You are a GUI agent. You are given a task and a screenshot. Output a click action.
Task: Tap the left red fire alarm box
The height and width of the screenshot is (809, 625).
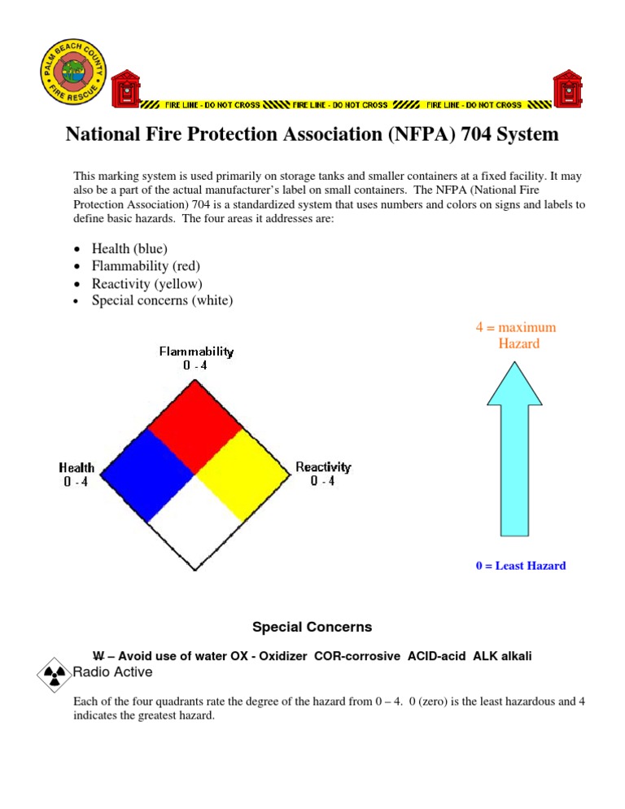125,89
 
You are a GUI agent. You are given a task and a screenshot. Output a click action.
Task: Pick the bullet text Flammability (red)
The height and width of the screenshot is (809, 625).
146,266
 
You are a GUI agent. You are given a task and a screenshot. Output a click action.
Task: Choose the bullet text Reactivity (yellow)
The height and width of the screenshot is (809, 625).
146,283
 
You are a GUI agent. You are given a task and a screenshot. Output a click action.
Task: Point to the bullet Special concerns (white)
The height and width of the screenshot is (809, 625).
162,300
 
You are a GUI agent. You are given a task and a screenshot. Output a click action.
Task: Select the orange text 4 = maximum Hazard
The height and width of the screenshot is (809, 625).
516,335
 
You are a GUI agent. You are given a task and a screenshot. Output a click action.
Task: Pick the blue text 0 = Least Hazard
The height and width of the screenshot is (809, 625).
521,566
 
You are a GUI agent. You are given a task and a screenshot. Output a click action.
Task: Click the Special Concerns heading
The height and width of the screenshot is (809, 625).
312,627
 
